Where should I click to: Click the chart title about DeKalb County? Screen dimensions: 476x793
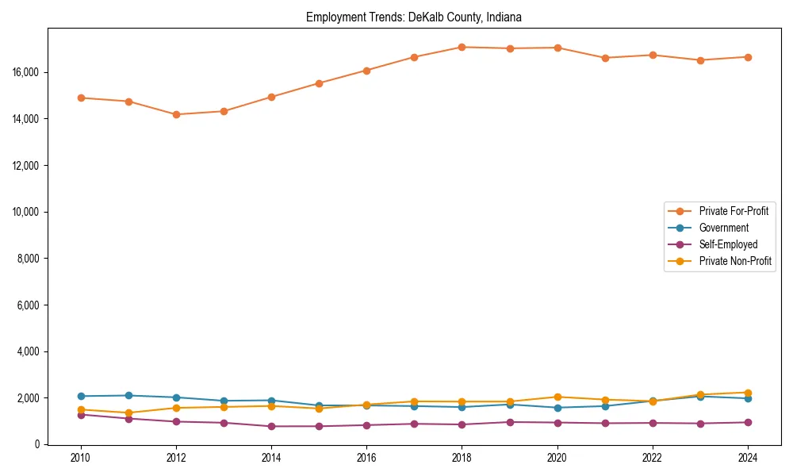414,17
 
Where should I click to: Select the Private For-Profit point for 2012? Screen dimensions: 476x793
176,114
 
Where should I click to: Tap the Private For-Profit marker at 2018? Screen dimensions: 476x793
462,47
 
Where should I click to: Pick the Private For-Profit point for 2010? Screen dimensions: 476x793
80,98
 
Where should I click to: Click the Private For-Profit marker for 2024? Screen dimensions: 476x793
749,57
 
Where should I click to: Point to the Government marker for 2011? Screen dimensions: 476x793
128,395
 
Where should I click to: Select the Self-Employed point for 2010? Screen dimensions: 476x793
80,414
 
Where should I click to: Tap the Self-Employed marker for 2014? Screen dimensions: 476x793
271,426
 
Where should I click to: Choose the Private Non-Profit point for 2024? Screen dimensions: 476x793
749,393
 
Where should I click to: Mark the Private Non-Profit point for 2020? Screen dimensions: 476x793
557,397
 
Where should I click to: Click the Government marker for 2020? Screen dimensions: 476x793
557,408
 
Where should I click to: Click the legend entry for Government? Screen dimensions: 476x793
723,228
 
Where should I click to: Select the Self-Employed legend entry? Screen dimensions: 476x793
728,244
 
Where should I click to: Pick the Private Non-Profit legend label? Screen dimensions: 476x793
735,261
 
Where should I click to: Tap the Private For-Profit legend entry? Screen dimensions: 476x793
734,211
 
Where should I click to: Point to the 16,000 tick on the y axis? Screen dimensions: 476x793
27,72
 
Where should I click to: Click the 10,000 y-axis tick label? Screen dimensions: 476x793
27,212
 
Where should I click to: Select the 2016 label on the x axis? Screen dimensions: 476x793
366,458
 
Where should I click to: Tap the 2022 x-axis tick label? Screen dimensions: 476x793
653,458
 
